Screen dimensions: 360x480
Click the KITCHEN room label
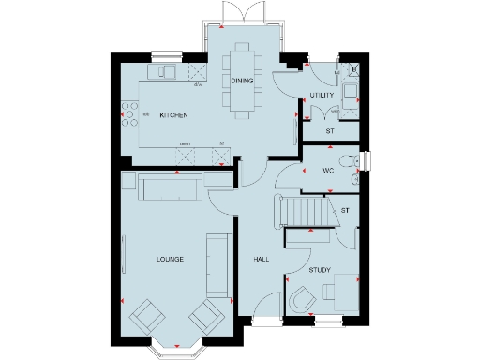click(173, 115)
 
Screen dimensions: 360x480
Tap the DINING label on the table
click(242, 82)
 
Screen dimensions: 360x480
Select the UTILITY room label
click(322, 96)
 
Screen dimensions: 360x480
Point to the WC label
click(328, 172)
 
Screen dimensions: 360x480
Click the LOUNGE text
click(170, 259)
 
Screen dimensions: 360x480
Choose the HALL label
click(262, 259)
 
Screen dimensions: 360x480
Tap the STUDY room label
click(320, 270)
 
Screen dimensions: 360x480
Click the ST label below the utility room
click(329, 131)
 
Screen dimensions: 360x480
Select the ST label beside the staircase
click(345, 210)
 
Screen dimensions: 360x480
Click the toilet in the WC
click(351, 162)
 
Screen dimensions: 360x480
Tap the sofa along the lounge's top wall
click(169, 188)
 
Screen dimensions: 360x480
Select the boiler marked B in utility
click(352, 68)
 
